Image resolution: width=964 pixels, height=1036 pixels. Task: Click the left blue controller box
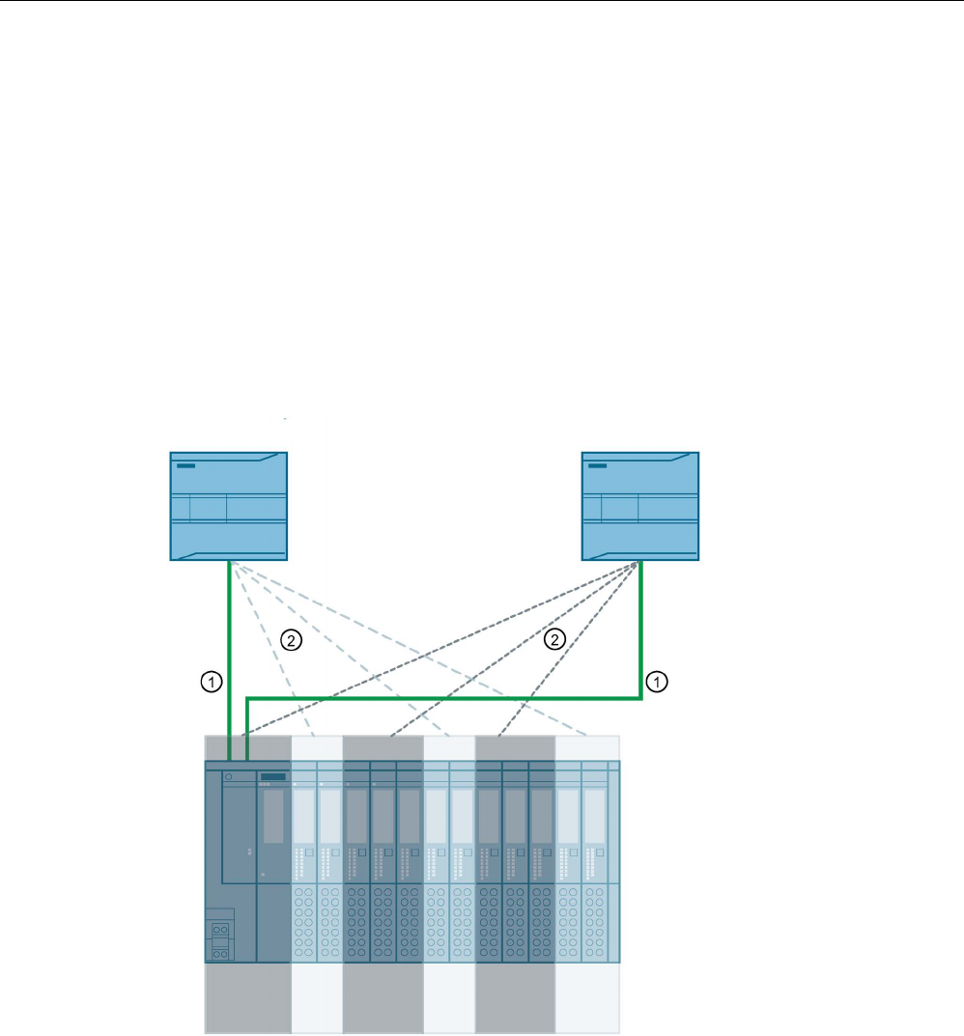pos(229,505)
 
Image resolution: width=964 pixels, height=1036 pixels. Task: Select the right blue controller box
pos(639,505)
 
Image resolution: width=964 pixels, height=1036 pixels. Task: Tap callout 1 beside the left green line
pos(209,682)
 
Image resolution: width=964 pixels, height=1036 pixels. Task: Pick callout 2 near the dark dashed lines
pos(554,638)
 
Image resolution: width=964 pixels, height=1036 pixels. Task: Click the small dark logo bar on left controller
pos(185,466)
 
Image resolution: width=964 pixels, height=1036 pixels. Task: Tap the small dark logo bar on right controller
pos(597,466)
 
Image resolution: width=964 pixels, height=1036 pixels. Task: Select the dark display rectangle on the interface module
pos(273,776)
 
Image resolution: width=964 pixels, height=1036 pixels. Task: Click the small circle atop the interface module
pos(228,775)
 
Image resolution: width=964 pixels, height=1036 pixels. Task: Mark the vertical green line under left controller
pos(229,657)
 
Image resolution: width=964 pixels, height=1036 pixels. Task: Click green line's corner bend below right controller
pos(641,697)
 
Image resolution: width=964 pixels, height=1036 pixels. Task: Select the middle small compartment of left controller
pos(208,508)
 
